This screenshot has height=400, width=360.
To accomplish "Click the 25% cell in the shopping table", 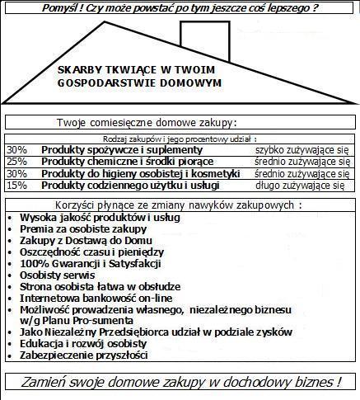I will pos(16,162).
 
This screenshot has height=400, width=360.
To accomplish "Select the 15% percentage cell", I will pos(16,186).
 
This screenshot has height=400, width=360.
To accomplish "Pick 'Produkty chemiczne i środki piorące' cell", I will pos(128,162).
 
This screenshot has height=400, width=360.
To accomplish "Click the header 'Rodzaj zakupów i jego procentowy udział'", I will pos(180,139).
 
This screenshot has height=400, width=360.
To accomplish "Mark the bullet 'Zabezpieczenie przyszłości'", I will pos(83,355).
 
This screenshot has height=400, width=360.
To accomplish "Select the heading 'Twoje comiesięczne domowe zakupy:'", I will pos(146,122).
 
